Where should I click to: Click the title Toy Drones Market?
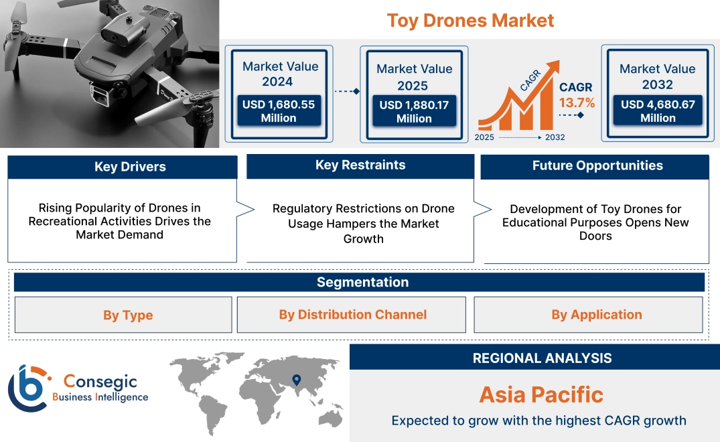pyautogui.click(x=470, y=21)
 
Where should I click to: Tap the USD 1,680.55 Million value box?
pyautogui.click(x=278, y=111)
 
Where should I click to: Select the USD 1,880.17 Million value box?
pyautogui.click(x=414, y=112)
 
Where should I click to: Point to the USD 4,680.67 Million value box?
pyautogui.click(x=658, y=111)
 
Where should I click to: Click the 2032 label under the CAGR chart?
pyautogui.click(x=555, y=137)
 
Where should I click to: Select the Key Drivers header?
pyautogui.click(x=130, y=167)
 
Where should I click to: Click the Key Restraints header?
pyautogui.click(x=360, y=165)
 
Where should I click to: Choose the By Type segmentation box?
pyautogui.click(x=128, y=315)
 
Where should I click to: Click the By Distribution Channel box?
pyautogui.click(x=352, y=315)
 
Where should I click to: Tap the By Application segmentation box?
pyautogui.click(x=596, y=315)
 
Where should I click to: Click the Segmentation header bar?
pyautogui.click(x=362, y=282)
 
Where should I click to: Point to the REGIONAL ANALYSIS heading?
pyautogui.click(x=542, y=358)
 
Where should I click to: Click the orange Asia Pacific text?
pyautogui.click(x=541, y=394)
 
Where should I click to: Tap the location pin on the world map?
pyautogui.click(x=295, y=380)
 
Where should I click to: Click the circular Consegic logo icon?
pyautogui.click(x=29, y=388)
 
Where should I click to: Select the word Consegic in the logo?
pyautogui.click(x=100, y=382)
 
